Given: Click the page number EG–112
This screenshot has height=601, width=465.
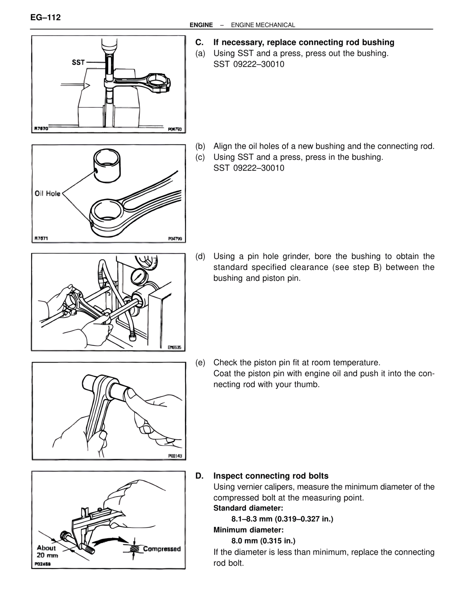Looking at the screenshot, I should [46, 17].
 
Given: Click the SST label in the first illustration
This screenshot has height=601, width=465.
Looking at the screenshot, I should [78, 62].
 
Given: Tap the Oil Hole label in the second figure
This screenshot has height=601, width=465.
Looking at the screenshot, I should [48, 193].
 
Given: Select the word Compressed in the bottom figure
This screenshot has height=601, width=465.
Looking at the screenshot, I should [162, 549].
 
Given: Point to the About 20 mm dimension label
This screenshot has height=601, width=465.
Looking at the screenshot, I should [47, 552].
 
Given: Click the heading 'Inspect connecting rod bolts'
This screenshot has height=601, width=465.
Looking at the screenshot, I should [271, 476].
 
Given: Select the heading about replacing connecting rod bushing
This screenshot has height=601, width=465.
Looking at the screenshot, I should [304, 42].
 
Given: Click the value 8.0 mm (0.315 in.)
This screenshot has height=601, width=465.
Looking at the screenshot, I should [263, 541].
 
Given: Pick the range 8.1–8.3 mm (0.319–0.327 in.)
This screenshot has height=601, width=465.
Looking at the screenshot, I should [282, 519].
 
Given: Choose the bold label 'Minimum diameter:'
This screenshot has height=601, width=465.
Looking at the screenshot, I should [248, 530].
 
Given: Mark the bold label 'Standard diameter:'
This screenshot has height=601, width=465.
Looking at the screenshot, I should [248, 508].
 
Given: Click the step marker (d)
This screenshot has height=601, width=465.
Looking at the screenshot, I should [200, 257].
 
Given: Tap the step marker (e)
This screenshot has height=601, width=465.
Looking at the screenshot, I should [200, 363].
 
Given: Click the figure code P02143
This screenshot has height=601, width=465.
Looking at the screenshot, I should [175, 456].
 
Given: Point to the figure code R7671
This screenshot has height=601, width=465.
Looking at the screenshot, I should [41, 238].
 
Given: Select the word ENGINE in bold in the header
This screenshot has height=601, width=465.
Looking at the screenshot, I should [201, 25].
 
